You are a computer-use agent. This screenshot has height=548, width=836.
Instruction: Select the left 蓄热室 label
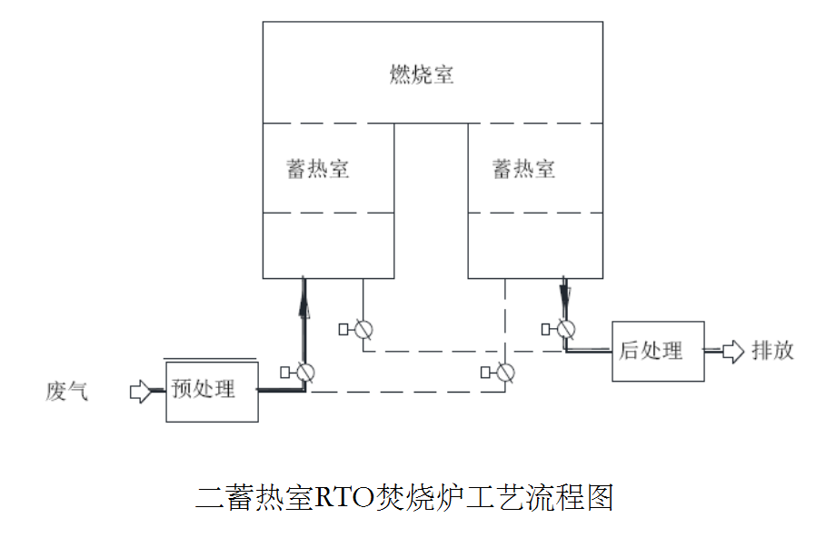(x=319, y=169)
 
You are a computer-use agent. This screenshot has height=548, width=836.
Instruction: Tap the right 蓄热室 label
(x=523, y=169)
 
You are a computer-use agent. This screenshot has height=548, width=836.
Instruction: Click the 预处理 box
(x=212, y=390)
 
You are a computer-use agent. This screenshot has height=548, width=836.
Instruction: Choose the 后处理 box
(x=657, y=351)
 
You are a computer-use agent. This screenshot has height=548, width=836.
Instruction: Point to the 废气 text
(x=67, y=392)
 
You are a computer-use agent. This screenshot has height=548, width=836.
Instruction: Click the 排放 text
(x=772, y=351)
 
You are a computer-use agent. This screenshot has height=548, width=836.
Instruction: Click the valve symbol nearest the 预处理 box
(x=304, y=372)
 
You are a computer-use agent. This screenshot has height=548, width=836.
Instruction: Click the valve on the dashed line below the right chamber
(x=505, y=372)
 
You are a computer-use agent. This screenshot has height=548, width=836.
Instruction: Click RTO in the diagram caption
(x=345, y=497)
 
